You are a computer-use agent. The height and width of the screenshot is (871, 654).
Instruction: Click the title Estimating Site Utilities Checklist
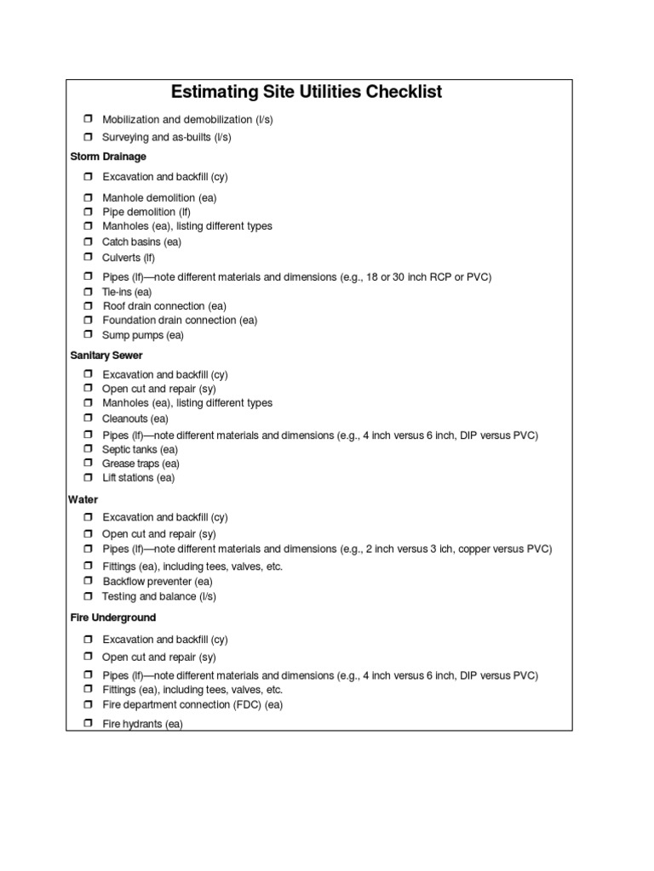307,92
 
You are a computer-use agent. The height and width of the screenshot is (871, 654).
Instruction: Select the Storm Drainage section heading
107,157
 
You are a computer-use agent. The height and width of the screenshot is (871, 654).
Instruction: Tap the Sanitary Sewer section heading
106,355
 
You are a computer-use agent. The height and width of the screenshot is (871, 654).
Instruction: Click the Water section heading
83,499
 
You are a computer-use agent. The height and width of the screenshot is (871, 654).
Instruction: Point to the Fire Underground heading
112,618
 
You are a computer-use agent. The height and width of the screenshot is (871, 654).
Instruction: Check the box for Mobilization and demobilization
88,120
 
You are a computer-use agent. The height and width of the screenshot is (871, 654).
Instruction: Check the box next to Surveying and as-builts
88,137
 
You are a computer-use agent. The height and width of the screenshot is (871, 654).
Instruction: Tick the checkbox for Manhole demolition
88,197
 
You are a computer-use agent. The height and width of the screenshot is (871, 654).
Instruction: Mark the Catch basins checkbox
88,242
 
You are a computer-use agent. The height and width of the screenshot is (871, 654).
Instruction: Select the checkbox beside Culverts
88,257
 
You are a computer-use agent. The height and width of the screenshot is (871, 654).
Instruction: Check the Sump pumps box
88,335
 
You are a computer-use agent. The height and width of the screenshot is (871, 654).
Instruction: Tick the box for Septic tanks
88,449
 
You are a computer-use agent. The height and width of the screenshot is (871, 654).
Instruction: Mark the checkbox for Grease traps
88,464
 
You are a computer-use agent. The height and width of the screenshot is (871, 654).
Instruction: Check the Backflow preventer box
88,581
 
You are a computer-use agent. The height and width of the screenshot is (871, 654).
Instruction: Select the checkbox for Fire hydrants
88,725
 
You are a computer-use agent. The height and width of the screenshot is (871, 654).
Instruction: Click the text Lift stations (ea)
139,478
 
